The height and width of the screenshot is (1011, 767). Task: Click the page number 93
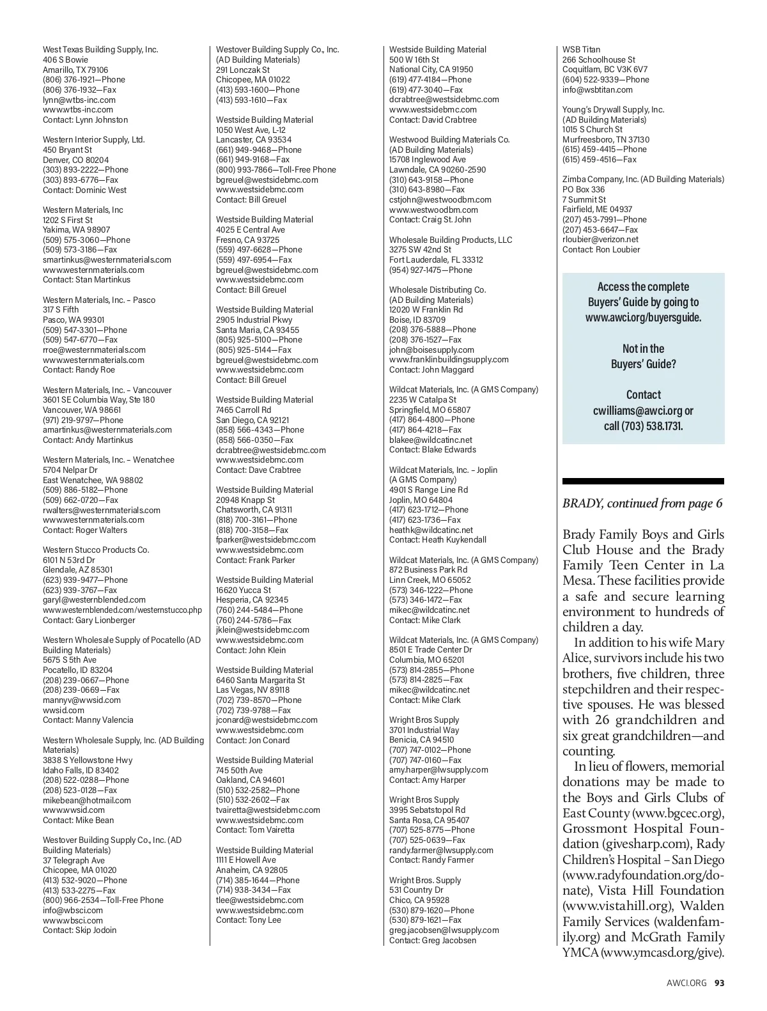click(720, 983)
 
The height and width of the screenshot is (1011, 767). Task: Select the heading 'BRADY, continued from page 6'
click(642, 504)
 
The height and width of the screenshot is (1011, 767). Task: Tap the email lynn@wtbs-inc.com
click(79, 100)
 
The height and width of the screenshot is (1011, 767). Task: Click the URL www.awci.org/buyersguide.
click(643, 318)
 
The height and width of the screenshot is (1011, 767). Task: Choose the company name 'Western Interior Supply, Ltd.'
click(94, 139)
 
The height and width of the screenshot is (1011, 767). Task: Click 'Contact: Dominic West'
click(84, 190)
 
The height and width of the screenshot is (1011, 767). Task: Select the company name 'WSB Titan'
click(581, 49)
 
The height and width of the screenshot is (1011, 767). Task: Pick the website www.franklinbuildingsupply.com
click(449, 360)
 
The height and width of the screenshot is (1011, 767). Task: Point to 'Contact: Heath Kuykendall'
click(438, 540)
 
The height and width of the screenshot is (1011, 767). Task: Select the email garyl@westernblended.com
click(94, 600)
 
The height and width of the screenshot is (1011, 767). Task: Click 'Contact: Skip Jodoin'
click(80, 930)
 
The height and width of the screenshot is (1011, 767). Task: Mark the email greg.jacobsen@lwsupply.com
click(444, 930)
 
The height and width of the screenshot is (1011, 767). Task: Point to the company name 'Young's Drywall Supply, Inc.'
click(613, 109)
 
